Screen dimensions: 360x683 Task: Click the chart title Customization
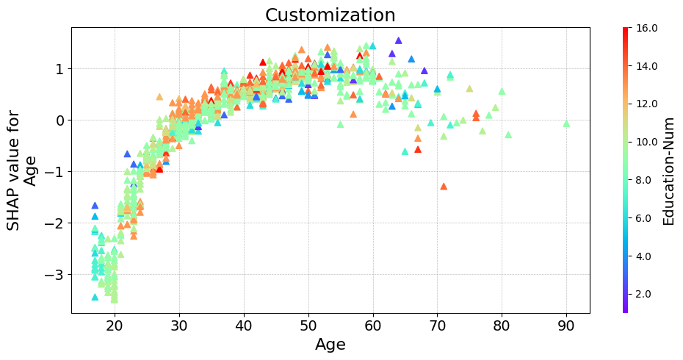[330, 15]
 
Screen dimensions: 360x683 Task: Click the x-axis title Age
[330, 344]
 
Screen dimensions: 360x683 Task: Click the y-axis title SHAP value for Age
[22, 170]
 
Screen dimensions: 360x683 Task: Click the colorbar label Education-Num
[668, 170]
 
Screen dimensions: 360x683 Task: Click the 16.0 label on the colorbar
[646, 29]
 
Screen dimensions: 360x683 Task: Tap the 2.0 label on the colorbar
[646, 294]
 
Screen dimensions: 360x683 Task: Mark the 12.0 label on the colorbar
[646, 104]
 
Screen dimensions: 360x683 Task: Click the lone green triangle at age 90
[566, 123]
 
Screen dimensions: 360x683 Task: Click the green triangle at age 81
[508, 134]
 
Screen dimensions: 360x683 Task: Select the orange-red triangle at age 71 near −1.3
[444, 187]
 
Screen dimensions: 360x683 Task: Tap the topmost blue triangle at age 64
[398, 41]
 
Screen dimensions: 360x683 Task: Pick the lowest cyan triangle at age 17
[95, 297]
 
